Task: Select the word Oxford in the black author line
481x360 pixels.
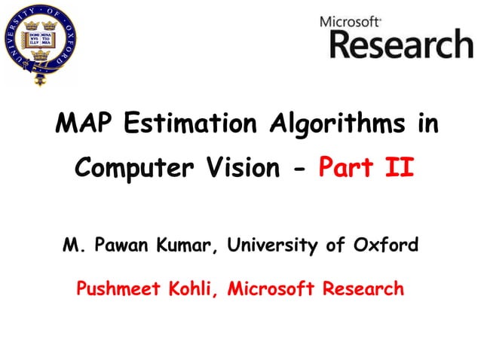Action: pyautogui.click(x=390, y=245)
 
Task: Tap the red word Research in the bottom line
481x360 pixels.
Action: pyautogui.click(x=363, y=288)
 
